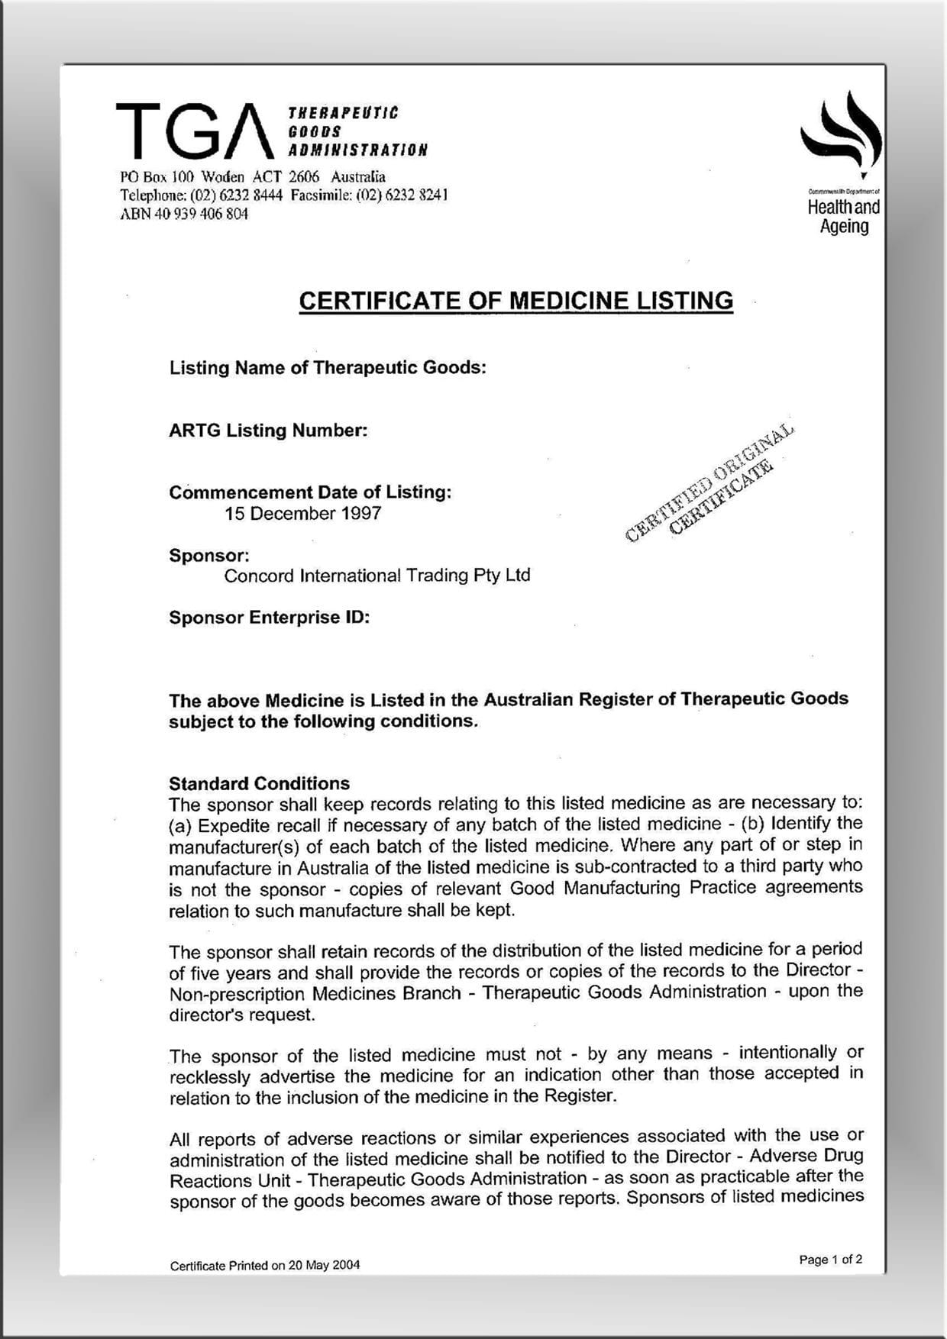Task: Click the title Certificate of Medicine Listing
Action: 516,301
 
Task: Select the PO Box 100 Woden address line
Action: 253,177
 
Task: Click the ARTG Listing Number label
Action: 268,431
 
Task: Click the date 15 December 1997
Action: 302,514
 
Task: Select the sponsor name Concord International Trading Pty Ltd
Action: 377,576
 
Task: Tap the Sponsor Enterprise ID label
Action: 269,618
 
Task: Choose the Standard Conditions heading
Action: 259,784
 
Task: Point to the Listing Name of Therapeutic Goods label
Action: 328,368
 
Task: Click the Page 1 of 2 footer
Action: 830,1260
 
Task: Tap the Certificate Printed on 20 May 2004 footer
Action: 264,1266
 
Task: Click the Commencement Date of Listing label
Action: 310,492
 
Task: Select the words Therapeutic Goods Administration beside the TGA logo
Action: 357,131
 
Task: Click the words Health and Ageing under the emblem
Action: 843,217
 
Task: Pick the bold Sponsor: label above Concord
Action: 208,555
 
